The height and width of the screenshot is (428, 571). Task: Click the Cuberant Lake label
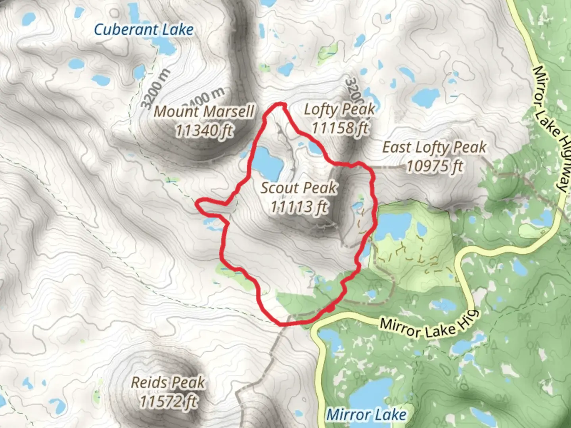pyautogui.click(x=144, y=30)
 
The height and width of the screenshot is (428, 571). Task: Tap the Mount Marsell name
pyautogui.click(x=204, y=112)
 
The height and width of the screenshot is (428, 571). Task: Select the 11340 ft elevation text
pyautogui.click(x=204, y=130)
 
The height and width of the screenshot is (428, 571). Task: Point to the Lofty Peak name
pyautogui.click(x=339, y=109)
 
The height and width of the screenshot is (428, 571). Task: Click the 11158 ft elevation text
pyautogui.click(x=340, y=128)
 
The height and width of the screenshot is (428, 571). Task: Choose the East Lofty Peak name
pyautogui.click(x=434, y=147)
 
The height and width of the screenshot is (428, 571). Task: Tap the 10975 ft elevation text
pyautogui.click(x=435, y=166)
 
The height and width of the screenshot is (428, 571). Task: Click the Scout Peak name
pyautogui.click(x=299, y=187)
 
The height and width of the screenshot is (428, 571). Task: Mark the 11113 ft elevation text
pyautogui.click(x=299, y=206)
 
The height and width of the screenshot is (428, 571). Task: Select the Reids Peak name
pyautogui.click(x=168, y=382)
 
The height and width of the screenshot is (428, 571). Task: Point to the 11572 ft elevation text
pyautogui.click(x=168, y=401)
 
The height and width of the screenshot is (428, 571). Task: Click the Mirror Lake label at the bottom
pyautogui.click(x=366, y=415)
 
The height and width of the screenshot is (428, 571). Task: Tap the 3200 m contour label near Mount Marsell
pyautogui.click(x=156, y=89)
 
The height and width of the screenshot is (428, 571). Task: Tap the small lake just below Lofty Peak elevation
pyautogui.click(x=316, y=148)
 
